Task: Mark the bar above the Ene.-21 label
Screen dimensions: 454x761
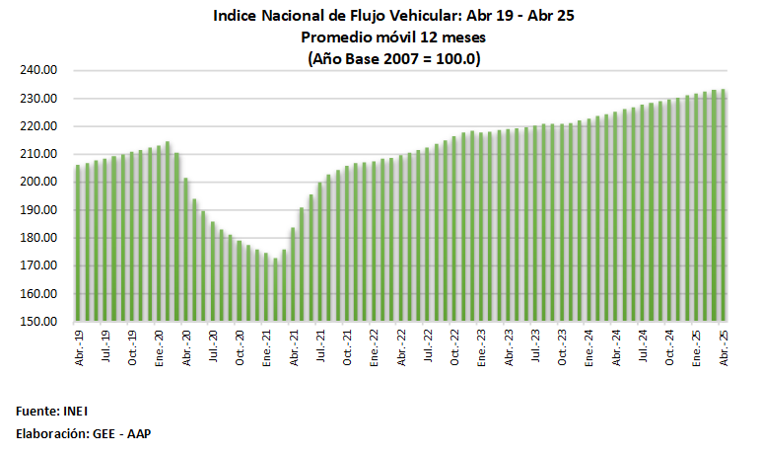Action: [x=266, y=287]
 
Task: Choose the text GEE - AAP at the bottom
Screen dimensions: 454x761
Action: [x=123, y=433]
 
